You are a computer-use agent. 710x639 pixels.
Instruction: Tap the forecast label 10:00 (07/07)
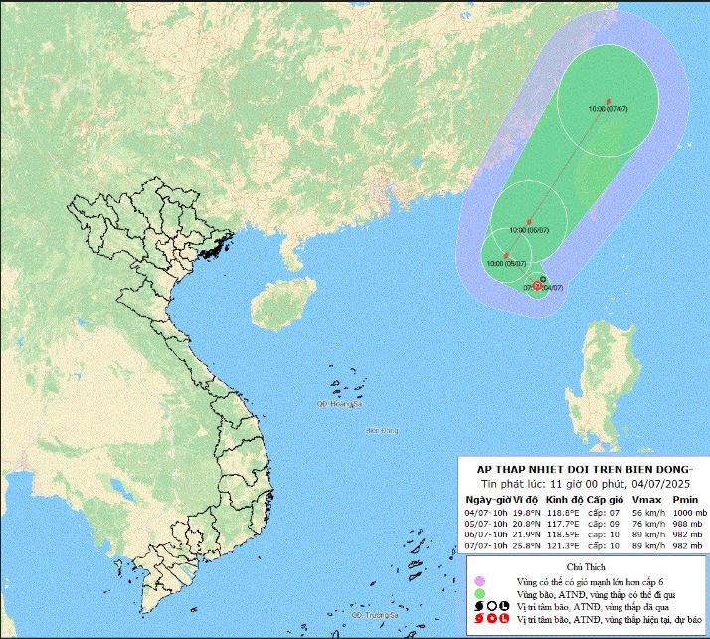607,108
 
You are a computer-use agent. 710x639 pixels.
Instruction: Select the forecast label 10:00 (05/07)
507,263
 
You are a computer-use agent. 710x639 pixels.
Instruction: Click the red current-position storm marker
537,286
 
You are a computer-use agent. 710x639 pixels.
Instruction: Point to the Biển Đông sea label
382,430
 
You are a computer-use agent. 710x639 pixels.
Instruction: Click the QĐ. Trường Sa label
375,616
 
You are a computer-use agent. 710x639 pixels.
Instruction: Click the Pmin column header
685,498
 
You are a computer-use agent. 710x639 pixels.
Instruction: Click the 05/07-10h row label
486,524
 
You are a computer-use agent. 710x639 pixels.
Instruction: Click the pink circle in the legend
479,580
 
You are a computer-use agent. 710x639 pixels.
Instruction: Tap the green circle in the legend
479,593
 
